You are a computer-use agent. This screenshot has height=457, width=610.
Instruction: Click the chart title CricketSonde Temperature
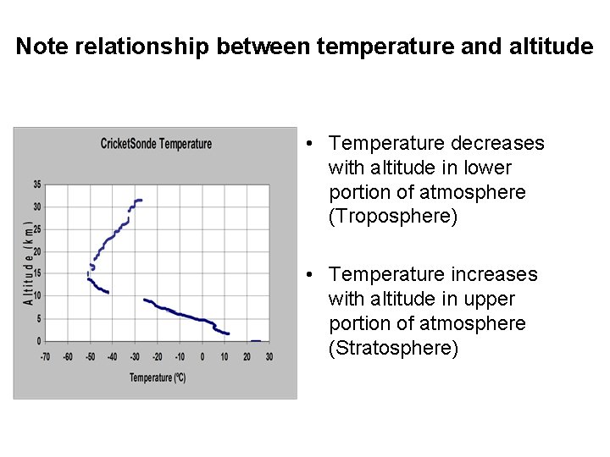click(156, 144)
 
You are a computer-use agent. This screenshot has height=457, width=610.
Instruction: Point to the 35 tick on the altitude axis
click(36, 184)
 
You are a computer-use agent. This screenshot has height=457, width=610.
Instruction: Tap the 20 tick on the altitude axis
click(36, 251)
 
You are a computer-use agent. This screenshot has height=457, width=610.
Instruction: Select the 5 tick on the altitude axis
click(38, 318)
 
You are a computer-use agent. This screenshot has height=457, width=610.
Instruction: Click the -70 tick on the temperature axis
click(46, 356)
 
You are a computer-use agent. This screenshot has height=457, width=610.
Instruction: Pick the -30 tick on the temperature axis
click(135, 356)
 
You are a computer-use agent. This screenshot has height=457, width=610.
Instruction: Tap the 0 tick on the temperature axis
click(202, 356)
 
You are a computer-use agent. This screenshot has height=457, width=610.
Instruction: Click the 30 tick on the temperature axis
click(269, 356)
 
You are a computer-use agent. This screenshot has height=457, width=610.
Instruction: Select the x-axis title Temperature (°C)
click(158, 377)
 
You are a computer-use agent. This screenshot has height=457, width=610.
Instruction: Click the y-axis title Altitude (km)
click(28, 263)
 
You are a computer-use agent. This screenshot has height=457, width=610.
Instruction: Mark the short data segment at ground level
click(256, 341)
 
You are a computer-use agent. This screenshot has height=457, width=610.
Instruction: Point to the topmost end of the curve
click(139, 201)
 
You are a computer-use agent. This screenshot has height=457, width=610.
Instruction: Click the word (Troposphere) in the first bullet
click(392, 217)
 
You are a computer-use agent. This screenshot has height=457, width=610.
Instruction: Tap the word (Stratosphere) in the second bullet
click(393, 348)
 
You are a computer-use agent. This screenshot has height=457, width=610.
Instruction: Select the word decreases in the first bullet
click(498, 143)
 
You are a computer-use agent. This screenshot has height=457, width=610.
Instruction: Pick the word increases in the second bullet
click(495, 274)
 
